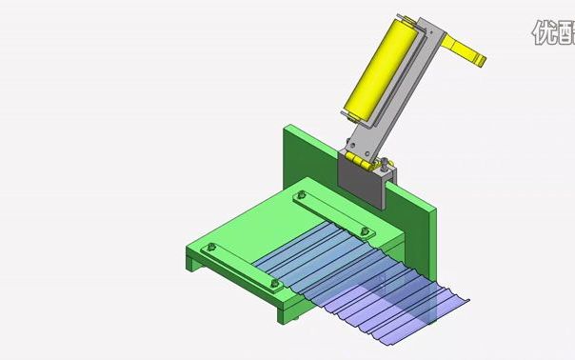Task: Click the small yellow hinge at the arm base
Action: (360, 163)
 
